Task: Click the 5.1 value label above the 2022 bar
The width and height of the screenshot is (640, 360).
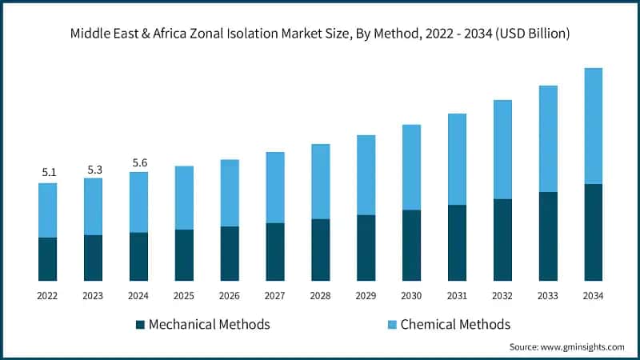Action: [47, 172]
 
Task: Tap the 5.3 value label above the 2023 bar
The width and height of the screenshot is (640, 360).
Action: [93, 169]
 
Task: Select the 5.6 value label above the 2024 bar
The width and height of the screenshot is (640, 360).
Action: [138, 162]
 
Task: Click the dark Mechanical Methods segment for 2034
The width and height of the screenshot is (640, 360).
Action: [594, 232]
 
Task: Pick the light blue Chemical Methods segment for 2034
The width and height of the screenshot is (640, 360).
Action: [594, 126]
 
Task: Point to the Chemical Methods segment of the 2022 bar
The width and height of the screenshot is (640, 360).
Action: [47, 210]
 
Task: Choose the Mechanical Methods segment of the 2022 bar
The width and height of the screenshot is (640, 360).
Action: [47, 258]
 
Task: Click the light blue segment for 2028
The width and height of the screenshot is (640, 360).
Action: [321, 181]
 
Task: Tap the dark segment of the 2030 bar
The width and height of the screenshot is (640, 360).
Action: [412, 245]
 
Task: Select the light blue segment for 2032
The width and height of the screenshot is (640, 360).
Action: [502, 149]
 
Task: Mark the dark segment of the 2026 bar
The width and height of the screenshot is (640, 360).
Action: [230, 253]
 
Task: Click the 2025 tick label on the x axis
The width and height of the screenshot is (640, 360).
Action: [184, 296]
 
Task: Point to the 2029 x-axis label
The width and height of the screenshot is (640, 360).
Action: [366, 296]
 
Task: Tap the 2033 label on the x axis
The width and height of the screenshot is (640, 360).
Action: [548, 296]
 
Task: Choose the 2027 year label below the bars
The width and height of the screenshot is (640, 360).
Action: [275, 296]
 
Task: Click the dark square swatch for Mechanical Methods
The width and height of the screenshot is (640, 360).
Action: [140, 325]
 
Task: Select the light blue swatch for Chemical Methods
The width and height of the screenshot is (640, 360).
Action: [390, 325]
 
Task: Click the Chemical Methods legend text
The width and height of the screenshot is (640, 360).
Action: [455, 325]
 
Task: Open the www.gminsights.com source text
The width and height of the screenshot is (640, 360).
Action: [583, 347]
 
